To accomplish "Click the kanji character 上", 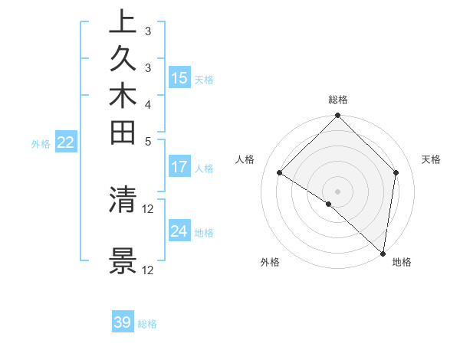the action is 123,22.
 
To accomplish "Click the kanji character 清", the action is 123,199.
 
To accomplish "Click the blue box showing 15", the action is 179,77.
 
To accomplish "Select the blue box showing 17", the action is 179,166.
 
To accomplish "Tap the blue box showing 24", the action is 179,231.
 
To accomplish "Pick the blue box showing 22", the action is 66,142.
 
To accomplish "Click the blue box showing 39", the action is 123,322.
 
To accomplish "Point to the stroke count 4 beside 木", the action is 148,103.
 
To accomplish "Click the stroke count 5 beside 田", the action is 148,141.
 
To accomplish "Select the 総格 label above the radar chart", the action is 338,100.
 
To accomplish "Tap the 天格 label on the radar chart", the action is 431,159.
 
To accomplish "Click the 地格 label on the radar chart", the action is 402,262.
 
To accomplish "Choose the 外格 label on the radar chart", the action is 270,262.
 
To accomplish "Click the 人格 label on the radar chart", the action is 245,159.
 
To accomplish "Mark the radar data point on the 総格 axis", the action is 338,116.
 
